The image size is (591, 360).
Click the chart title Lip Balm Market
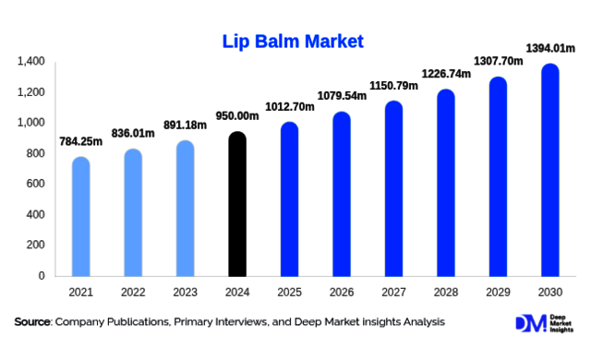(x=293, y=42)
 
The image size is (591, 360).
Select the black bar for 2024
(x=237, y=205)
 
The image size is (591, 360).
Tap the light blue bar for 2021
(x=81, y=217)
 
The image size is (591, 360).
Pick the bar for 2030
(x=550, y=171)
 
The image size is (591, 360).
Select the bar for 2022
(x=133, y=213)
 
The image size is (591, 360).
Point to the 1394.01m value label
(x=550, y=47)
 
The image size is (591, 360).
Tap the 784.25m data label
(x=81, y=142)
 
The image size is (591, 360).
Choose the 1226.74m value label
(x=446, y=75)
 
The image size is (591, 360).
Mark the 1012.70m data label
(x=289, y=107)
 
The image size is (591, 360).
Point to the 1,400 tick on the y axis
(x=30, y=62)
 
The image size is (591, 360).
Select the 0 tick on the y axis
(x=42, y=276)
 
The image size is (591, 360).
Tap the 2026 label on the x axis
(x=342, y=292)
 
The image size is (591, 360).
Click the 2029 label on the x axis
(x=498, y=292)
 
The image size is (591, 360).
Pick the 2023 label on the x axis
(x=185, y=292)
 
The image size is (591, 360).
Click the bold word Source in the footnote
(x=33, y=322)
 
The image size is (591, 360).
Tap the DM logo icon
(x=528, y=323)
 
